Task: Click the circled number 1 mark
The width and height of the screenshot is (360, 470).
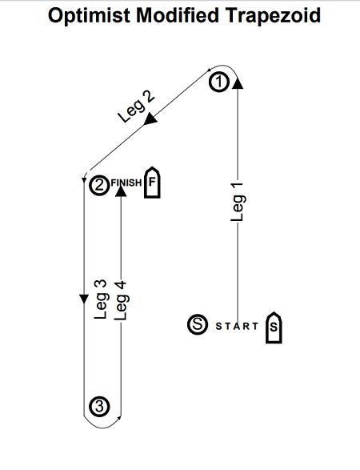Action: click(x=219, y=82)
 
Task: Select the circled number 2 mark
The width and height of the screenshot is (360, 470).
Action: click(x=99, y=185)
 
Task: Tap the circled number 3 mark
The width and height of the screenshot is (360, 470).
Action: click(x=99, y=407)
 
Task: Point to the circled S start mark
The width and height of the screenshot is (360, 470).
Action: click(x=198, y=324)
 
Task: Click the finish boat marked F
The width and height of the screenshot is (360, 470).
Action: click(x=153, y=183)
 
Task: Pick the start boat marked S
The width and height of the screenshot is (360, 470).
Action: click(x=274, y=327)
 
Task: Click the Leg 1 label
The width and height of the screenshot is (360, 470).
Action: click(x=238, y=202)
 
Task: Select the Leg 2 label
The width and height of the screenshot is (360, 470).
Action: click(x=136, y=106)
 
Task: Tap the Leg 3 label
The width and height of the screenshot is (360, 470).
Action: click(x=101, y=299)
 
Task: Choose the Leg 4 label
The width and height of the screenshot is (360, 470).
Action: click(x=122, y=301)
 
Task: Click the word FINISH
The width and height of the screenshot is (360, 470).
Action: click(x=126, y=183)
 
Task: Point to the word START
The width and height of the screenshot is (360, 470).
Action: click(x=237, y=326)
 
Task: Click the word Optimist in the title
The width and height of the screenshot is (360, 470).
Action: click(x=89, y=15)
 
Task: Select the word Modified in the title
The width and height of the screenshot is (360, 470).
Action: click(x=178, y=15)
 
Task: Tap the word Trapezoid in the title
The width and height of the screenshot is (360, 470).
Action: click(x=273, y=15)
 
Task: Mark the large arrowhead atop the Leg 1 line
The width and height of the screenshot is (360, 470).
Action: click(x=238, y=82)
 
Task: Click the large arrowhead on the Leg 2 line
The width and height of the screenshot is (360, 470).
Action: click(x=150, y=119)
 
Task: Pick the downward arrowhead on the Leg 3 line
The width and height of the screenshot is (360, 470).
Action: click(x=84, y=299)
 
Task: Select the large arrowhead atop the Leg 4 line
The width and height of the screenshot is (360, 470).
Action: click(x=121, y=191)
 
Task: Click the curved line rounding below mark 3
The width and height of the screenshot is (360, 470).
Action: click(x=102, y=428)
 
